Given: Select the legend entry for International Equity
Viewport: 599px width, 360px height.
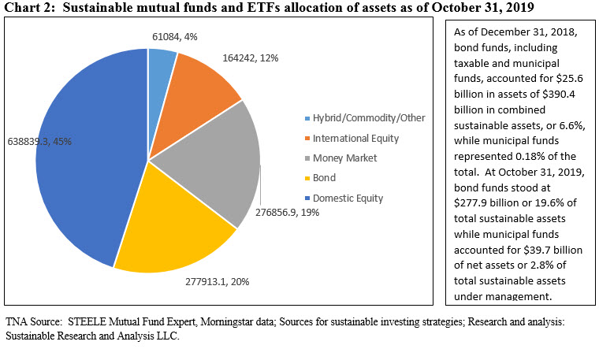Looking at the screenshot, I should (355, 138).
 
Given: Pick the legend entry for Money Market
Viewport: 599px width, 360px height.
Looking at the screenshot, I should (345, 158).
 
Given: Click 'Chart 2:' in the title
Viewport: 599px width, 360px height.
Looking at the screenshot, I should (31, 8).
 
